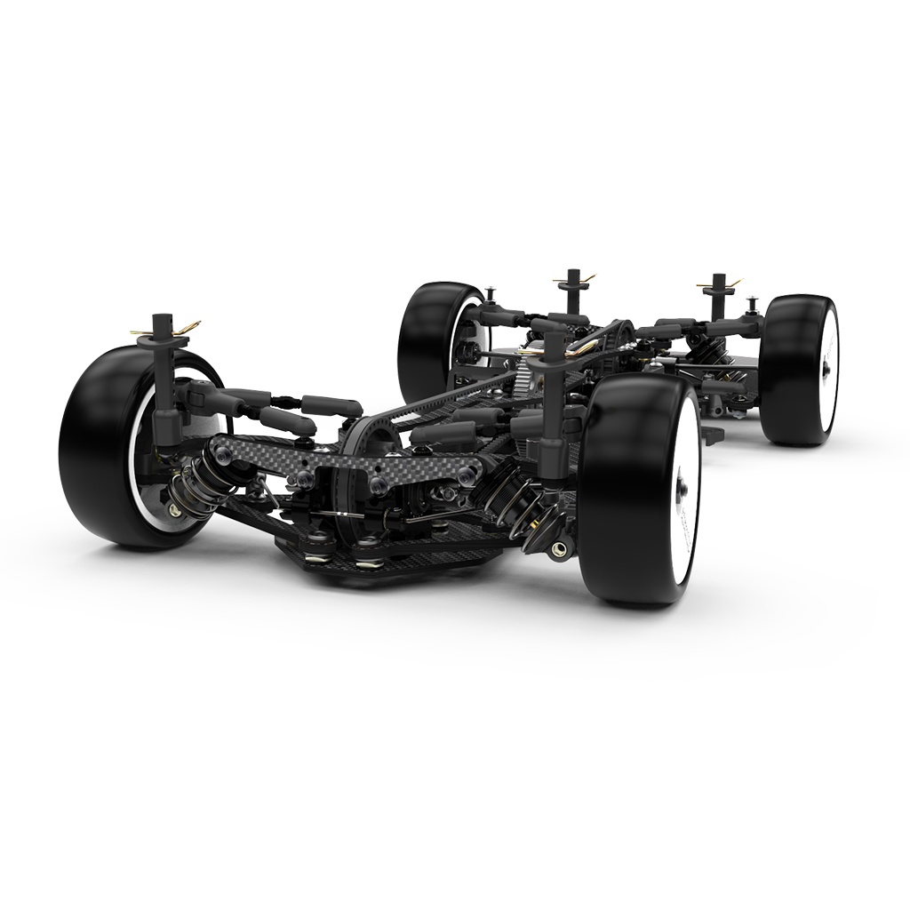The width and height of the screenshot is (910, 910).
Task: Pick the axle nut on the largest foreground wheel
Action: (x=682, y=488)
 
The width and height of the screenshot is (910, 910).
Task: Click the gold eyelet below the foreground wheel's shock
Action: (x=558, y=549)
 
